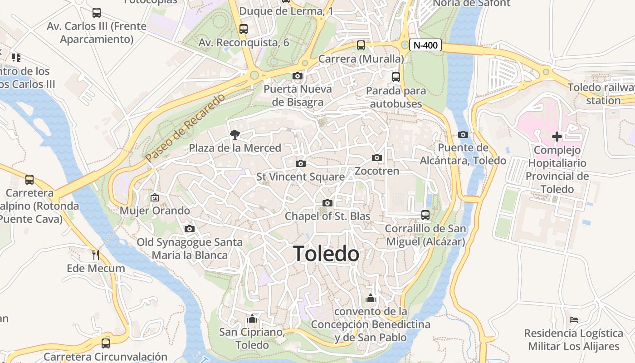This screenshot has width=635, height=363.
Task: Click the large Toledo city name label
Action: pyautogui.click(x=326, y=254)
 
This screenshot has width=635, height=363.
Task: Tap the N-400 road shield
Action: pyautogui.click(x=425, y=45)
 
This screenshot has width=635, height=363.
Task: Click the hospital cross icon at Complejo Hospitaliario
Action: pyautogui.click(x=557, y=137)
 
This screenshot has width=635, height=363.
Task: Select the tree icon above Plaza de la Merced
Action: pyautogui.click(x=234, y=134)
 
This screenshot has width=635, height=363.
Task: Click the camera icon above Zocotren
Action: pyautogui.click(x=376, y=158)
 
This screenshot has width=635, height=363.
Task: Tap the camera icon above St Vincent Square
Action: pyautogui.click(x=300, y=163)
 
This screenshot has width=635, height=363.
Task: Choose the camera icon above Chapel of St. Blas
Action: pyautogui.click(x=327, y=203)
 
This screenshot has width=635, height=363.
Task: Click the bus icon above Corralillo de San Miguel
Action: pyautogui.click(x=425, y=215)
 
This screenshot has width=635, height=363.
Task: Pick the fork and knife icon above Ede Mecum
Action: pyautogui.click(x=95, y=255)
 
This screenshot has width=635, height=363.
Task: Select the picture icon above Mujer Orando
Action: pyautogui.click(x=154, y=197)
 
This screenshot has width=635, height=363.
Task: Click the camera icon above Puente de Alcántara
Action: pyautogui.click(x=463, y=134)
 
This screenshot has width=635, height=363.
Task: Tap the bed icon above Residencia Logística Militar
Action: pyautogui.click(x=573, y=320)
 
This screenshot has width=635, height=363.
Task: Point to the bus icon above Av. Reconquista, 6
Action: pyautogui.click(x=244, y=29)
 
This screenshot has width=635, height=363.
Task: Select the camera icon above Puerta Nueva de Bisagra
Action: pyautogui.click(x=298, y=76)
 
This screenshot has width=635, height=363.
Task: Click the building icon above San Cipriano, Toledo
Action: pyautogui.click(x=252, y=319)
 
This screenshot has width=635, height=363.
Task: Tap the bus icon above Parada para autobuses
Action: pyautogui.click(x=396, y=77)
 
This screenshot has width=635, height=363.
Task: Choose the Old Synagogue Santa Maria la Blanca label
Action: pyautogui.click(x=190, y=249)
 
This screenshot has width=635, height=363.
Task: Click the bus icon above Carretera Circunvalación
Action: pyautogui.click(x=106, y=343)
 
